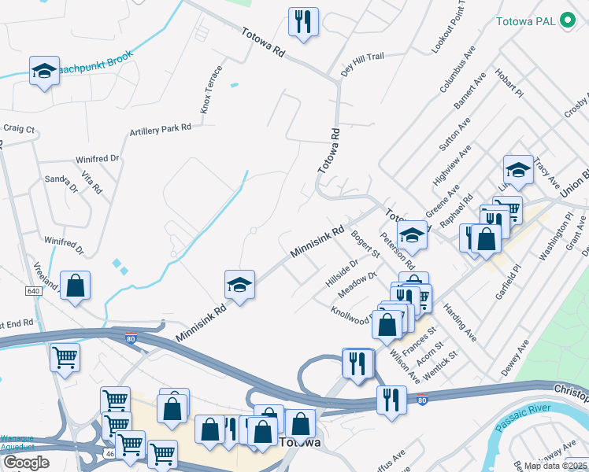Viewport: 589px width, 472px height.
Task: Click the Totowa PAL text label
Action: (525, 22)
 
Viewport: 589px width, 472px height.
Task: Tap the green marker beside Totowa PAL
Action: (566, 22)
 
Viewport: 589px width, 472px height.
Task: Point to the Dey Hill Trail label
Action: (362, 63)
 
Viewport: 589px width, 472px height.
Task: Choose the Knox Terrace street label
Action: (209, 95)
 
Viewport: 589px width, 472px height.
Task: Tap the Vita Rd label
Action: (91, 183)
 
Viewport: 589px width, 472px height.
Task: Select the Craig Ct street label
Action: (19, 128)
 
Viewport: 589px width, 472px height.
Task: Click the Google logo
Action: (26, 463)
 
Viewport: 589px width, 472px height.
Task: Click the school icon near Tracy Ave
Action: (517, 169)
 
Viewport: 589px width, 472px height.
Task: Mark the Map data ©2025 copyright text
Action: (555, 466)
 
